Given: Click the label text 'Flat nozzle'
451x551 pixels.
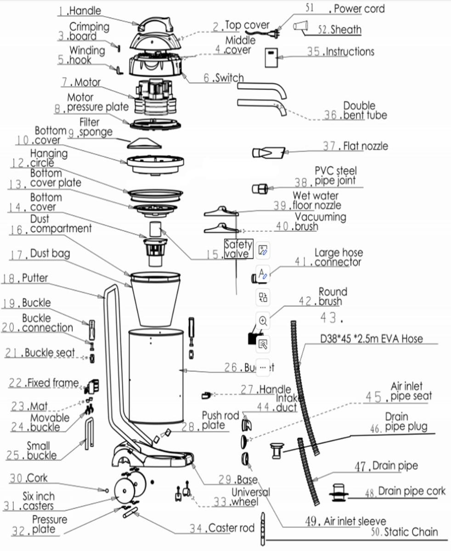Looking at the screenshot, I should tap(366, 146).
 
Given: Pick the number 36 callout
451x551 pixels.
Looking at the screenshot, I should tap(330, 115).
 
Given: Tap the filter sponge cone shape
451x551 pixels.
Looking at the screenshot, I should tap(146, 143).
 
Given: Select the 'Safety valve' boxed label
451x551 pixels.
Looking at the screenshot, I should tap(238, 249).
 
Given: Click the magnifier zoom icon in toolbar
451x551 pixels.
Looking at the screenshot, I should tap(263, 320).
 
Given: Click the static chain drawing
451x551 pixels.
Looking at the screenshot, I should tap(263, 528).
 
